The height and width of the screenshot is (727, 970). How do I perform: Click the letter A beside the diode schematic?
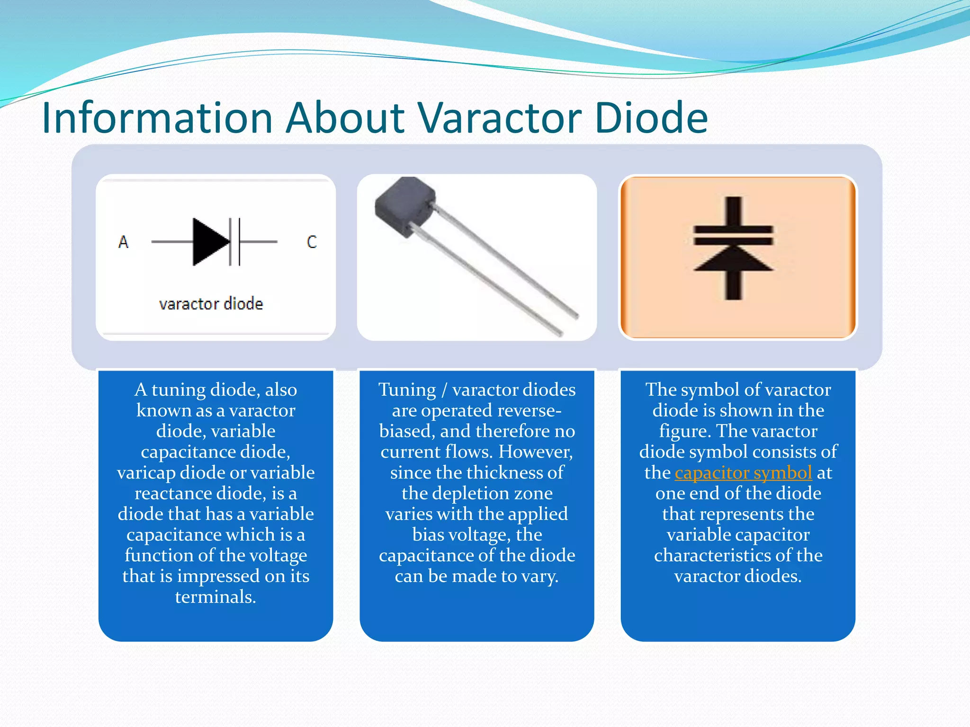pyautogui.click(x=123, y=242)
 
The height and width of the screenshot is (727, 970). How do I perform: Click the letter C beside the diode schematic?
pyautogui.click(x=312, y=242)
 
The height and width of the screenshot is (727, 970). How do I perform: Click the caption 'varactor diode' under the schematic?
pyautogui.click(x=211, y=304)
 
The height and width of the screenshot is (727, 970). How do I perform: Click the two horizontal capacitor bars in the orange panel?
pyautogui.click(x=733, y=235)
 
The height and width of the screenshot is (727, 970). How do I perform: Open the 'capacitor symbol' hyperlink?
pyautogui.click(x=743, y=473)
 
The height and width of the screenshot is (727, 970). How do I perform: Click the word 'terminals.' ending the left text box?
pyautogui.click(x=216, y=597)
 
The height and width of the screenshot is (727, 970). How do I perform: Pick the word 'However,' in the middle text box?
pyautogui.click(x=535, y=452)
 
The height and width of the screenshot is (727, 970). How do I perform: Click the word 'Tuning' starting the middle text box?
pyautogui.click(x=407, y=390)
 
